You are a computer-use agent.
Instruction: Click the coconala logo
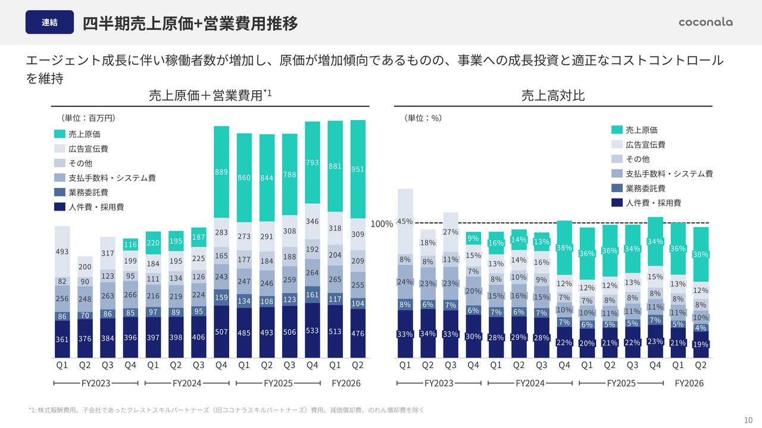[x=705, y=22]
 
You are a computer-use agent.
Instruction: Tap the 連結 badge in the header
[x=49, y=23]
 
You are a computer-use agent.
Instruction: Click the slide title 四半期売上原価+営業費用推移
[x=190, y=23]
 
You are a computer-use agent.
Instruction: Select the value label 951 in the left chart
[x=358, y=169]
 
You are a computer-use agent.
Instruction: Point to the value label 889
[x=221, y=172]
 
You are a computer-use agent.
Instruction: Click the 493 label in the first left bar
[x=63, y=252]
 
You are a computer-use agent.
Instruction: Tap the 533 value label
[x=313, y=331]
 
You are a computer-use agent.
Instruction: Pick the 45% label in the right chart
[x=405, y=221]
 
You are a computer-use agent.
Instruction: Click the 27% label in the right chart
[x=451, y=232]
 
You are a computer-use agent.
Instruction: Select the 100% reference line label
[x=382, y=224]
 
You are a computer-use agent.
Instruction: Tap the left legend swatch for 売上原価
[x=60, y=134]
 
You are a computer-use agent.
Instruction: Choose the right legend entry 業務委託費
[x=645, y=188]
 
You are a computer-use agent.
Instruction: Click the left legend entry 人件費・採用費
[x=96, y=207]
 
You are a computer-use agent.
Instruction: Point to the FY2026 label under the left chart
[x=346, y=383]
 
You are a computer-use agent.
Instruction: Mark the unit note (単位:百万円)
[x=88, y=118]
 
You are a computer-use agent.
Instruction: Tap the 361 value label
[x=63, y=340]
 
